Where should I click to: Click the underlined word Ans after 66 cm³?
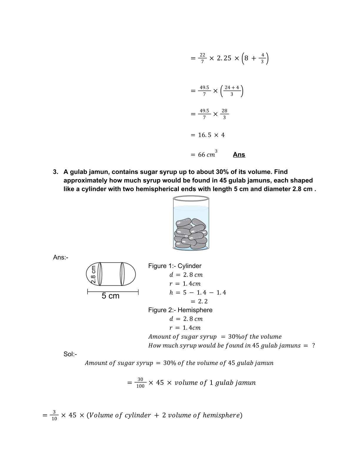click(239, 155)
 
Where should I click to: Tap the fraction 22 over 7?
click(202, 58)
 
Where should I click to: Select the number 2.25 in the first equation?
click(224, 58)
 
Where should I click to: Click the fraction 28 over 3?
click(224, 114)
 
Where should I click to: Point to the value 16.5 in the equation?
click(205, 135)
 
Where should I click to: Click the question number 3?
click(56, 172)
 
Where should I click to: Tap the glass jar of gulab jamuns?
click(191, 224)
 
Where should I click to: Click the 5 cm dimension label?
click(111, 296)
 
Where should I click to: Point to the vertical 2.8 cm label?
click(94, 274)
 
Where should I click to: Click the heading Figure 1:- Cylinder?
click(175, 266)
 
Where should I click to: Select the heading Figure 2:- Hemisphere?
click(180, 310)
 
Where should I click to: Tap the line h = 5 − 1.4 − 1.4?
click(198, 292)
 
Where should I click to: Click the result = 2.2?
click(199, 301)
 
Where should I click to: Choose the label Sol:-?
click(70, 354)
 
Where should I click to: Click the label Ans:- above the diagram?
click(61, 257)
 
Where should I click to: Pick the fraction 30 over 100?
click(140, 383)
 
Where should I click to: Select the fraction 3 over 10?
click(54, 415)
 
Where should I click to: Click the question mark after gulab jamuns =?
click(314, 345)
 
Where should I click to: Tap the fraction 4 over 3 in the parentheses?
click(263, 58)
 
